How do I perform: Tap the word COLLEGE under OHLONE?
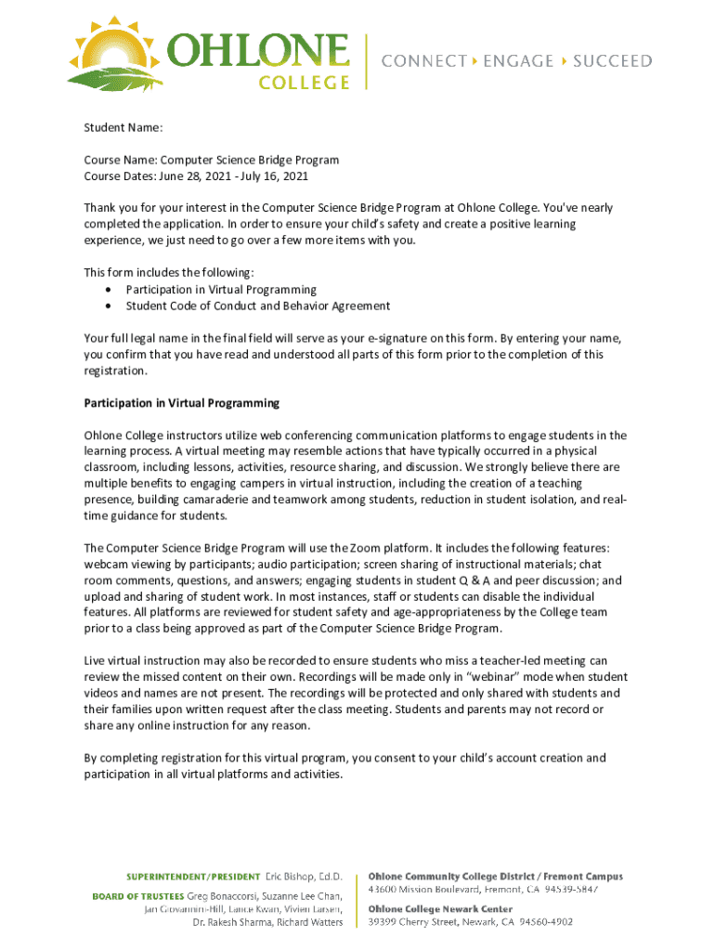point(303,82)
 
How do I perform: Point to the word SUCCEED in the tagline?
point(612,61)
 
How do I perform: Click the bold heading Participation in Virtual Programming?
point(182,403)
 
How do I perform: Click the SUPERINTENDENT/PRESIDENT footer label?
point(194,877)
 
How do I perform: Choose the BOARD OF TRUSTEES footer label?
point(137,895)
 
